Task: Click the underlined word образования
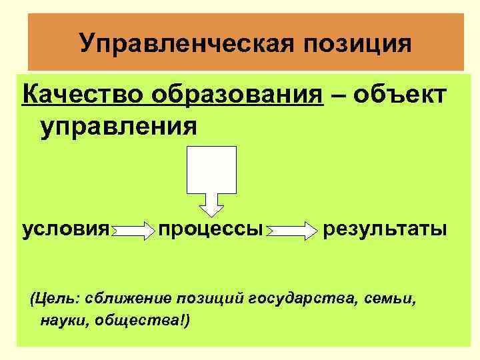[237, 95]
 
